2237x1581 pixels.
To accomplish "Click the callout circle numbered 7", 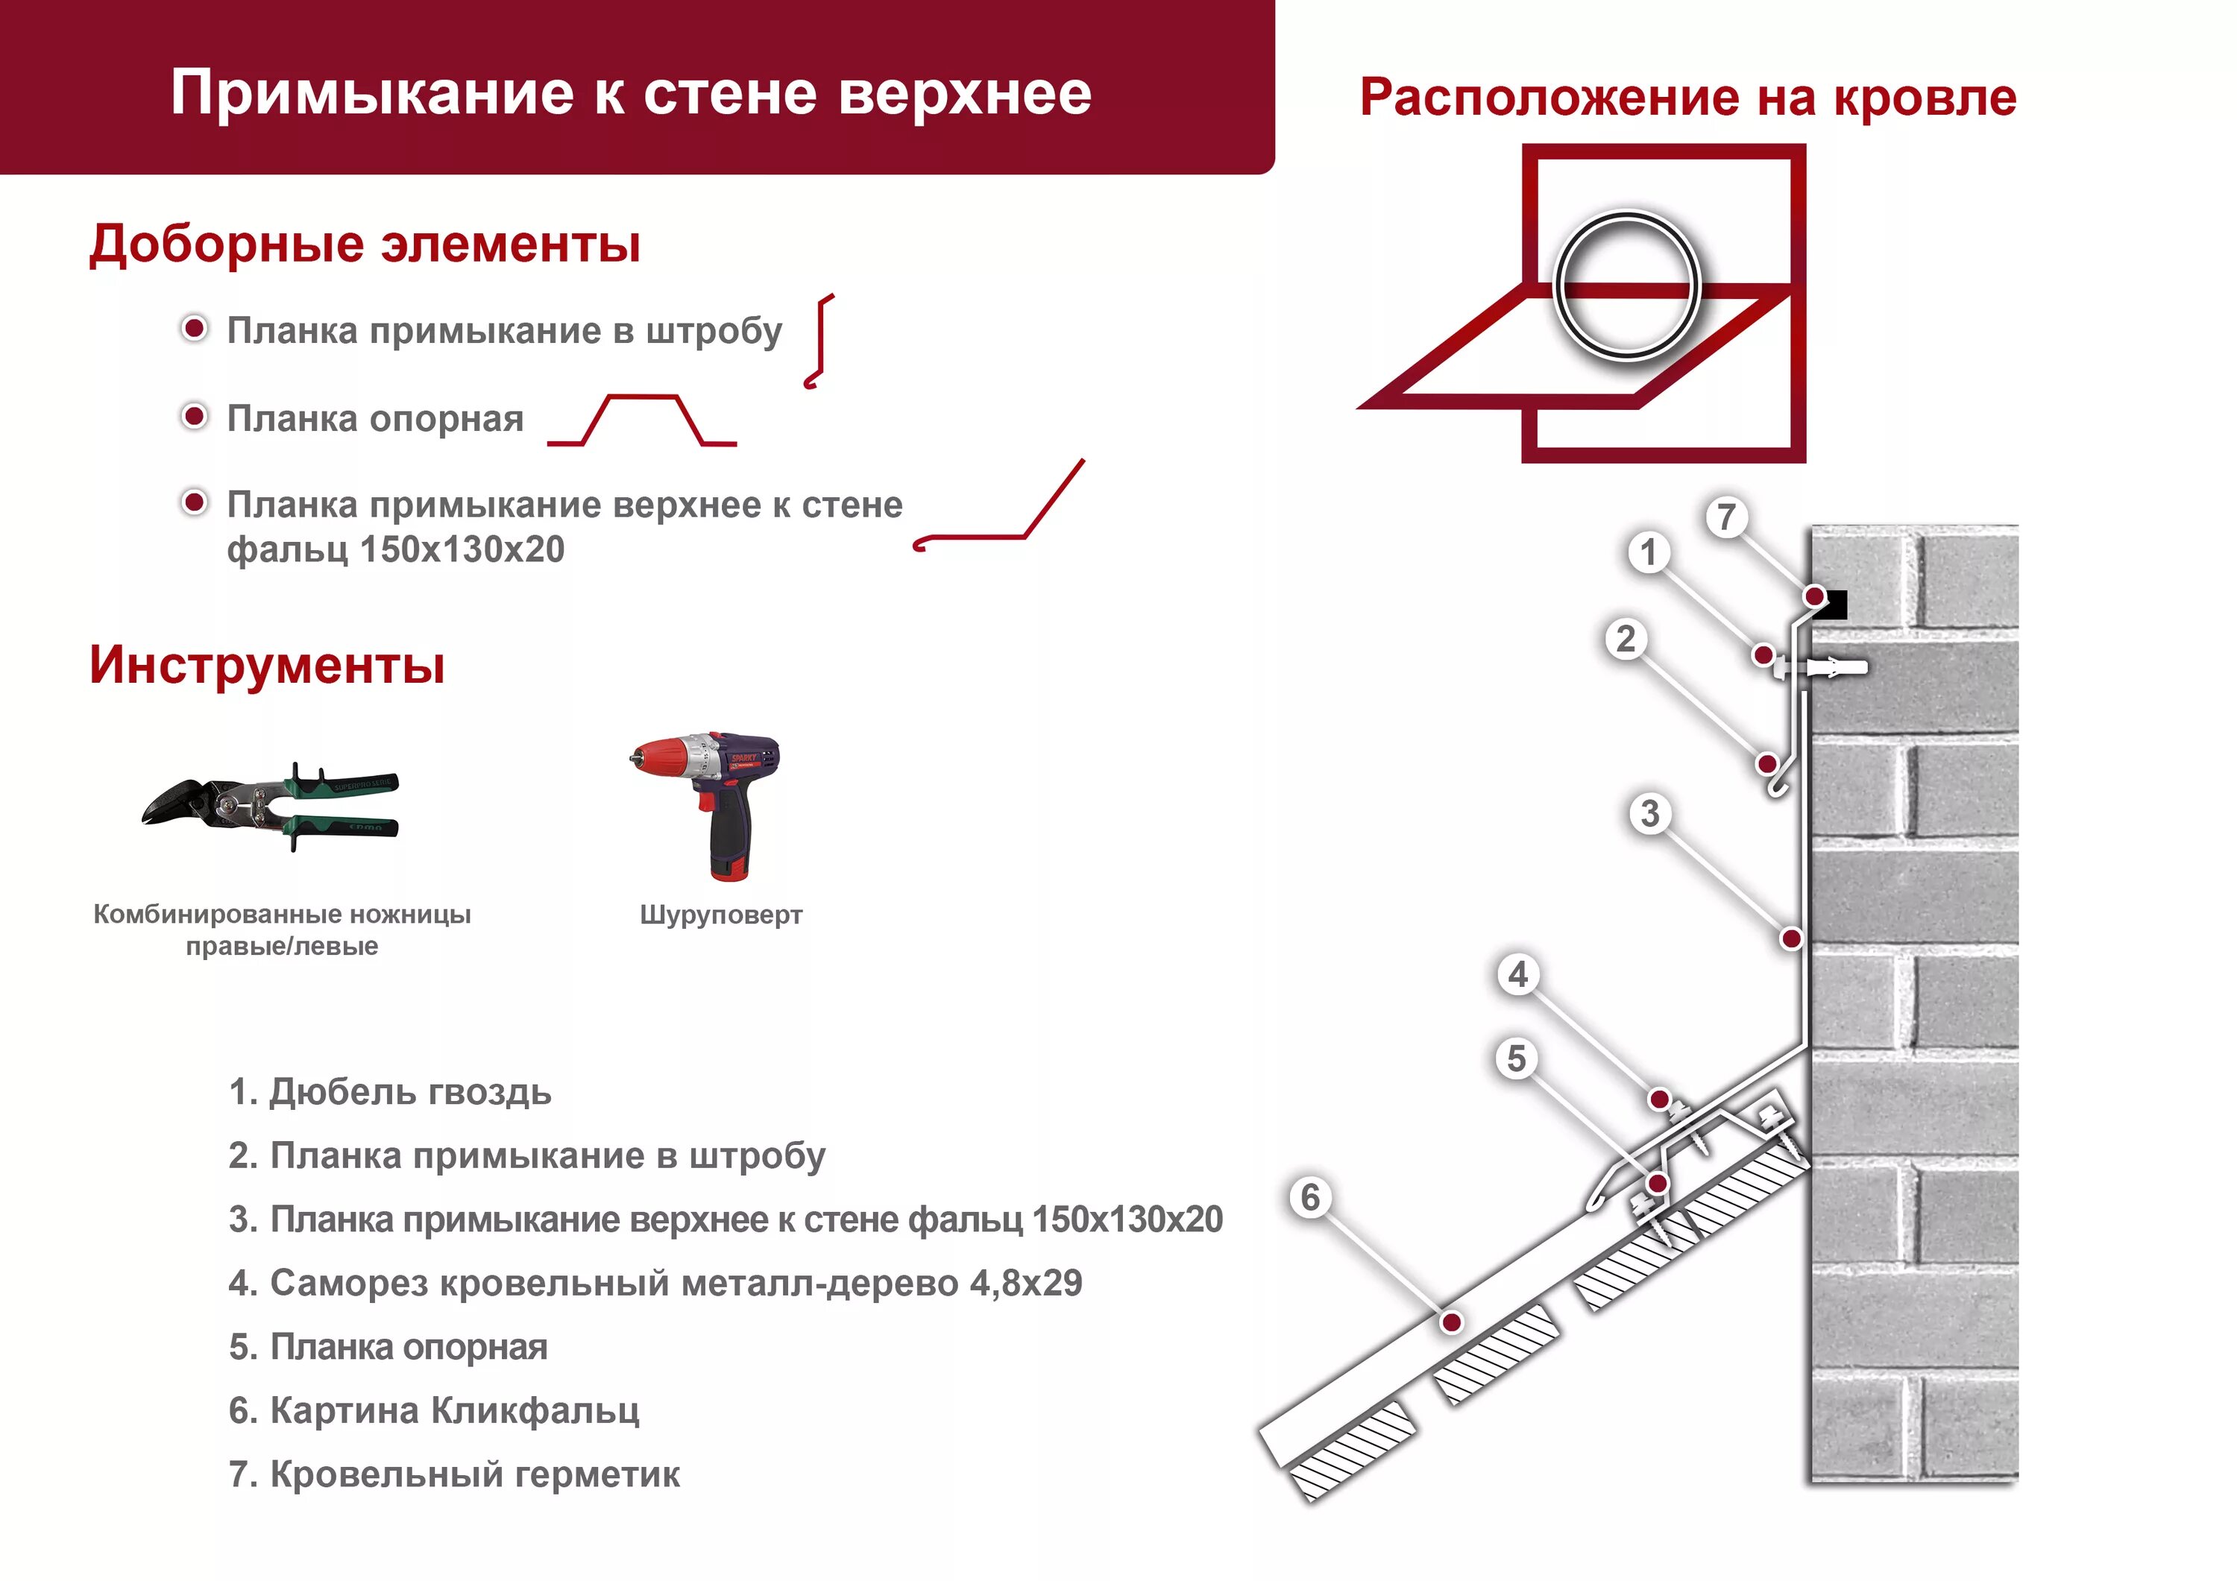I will point(1725,517).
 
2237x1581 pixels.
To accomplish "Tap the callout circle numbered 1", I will point(1647,552).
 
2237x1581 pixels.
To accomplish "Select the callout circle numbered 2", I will point(1625,639).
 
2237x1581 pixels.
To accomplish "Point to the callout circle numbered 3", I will point(1649,813).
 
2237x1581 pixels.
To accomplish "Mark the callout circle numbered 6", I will point(1310,1197).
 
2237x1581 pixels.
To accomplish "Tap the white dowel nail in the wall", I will point(1837,667).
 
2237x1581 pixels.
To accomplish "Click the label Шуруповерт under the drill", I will point(721,915).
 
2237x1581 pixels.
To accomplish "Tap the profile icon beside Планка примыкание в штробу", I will point(820,341).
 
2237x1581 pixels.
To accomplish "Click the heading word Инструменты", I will point(267,666).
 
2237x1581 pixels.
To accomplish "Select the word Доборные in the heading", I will point(226,244).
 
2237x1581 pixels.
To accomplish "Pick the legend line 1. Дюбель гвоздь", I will point(390,1092).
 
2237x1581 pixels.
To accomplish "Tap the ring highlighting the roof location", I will point(1626,288).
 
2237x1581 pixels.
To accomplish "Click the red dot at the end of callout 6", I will point(1451,1322).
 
